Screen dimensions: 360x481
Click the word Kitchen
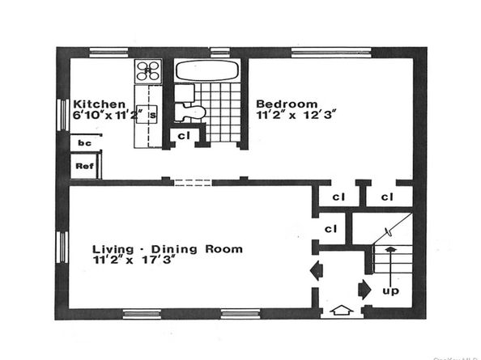click(99, 104)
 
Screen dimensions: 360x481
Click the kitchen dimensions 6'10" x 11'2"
click(109, 116)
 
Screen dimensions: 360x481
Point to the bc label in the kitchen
click(83, 143)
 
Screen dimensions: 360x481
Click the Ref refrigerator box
click(83, 166)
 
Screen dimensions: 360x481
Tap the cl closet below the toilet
click(184, 136)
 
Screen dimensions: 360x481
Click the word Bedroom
click(286, 104)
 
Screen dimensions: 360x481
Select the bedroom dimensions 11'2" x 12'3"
click(296, 116)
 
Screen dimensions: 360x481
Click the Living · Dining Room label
click(166, 249)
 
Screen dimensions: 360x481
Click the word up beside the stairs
click(390, 290)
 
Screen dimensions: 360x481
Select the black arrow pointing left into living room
click(317, 270)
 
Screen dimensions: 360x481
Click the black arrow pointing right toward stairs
click(364, 287)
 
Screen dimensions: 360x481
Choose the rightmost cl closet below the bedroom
click(386, 197)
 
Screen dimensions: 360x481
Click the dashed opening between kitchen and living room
click(193, 182)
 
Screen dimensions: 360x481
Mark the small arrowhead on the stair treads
click(389, 250)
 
